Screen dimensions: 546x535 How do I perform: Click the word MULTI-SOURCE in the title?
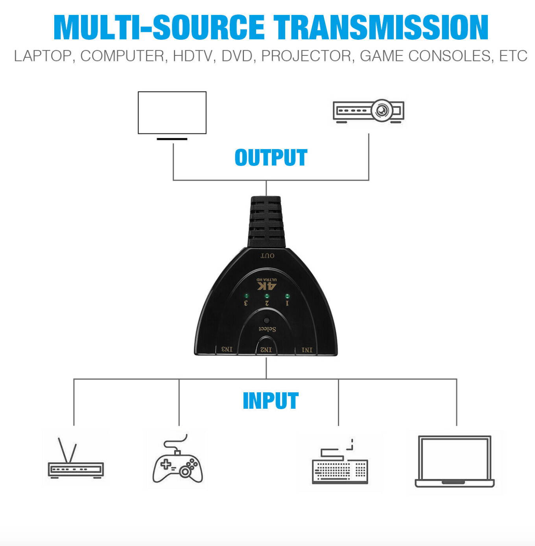(x=159, y=28)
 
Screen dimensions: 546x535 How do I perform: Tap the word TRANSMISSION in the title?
(x=381, y=28)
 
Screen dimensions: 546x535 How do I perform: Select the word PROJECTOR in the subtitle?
(x=306, y=56)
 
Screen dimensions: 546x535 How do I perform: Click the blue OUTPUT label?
(x=271, y=158)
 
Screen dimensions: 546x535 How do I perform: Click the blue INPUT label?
(x=271, y=401)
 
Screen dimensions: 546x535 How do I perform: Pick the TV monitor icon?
(x=172, y=114)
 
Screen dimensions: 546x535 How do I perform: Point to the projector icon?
(x=368, y=111)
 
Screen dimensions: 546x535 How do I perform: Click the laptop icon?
(x=454, y=461)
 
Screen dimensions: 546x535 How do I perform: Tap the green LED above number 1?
(x=287, y=296)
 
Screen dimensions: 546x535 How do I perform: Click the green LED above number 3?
(x=246, y=295)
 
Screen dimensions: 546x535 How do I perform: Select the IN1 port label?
(x=307, y=350)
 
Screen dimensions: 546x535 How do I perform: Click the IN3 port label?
(x=227, y=349)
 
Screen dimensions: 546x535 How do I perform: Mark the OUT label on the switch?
(x=267, y=256)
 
